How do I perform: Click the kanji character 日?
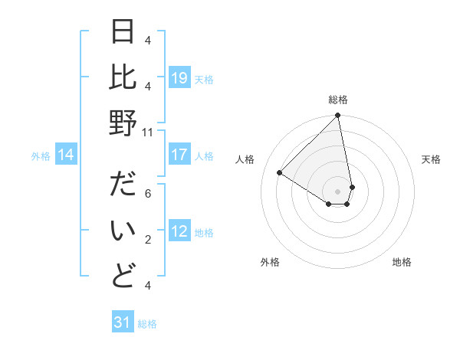(123, 32)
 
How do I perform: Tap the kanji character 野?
(123, 123)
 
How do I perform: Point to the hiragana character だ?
(123, 186)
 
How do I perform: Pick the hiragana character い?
(123, 231)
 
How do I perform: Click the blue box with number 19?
(179, 78)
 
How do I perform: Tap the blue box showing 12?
(179, 232)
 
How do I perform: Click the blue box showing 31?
(123, 322)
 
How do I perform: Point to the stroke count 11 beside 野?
(148, 132)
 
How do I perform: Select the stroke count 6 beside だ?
(148, 194)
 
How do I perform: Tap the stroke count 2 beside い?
(148, 240)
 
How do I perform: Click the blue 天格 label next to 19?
(204, 79)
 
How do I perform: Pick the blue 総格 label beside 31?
(147, 323)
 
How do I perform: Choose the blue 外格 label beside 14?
(41, 156)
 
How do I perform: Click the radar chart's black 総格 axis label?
(338, 100)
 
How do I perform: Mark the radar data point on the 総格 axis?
(338, 116)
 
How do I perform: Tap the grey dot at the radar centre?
(338, 190)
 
